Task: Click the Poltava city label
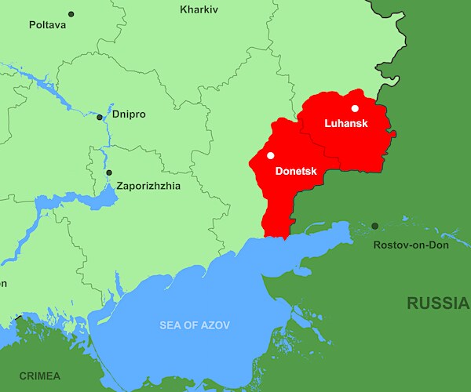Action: pos(48,25)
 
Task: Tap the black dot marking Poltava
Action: pos(71,14)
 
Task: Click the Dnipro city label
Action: pos(129,114)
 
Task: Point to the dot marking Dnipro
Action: pos(100,118)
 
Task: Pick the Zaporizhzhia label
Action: pos(148,186)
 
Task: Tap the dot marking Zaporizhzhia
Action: pos(109,172)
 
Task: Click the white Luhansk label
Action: pos(346,124)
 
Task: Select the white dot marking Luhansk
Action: pos(355,108)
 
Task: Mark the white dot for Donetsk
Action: pos(271,155)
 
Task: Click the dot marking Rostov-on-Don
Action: pos(374,226)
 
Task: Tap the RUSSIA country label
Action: pos(437,303)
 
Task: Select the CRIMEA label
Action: pos(40,376)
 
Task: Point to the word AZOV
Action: pos(216,325)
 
